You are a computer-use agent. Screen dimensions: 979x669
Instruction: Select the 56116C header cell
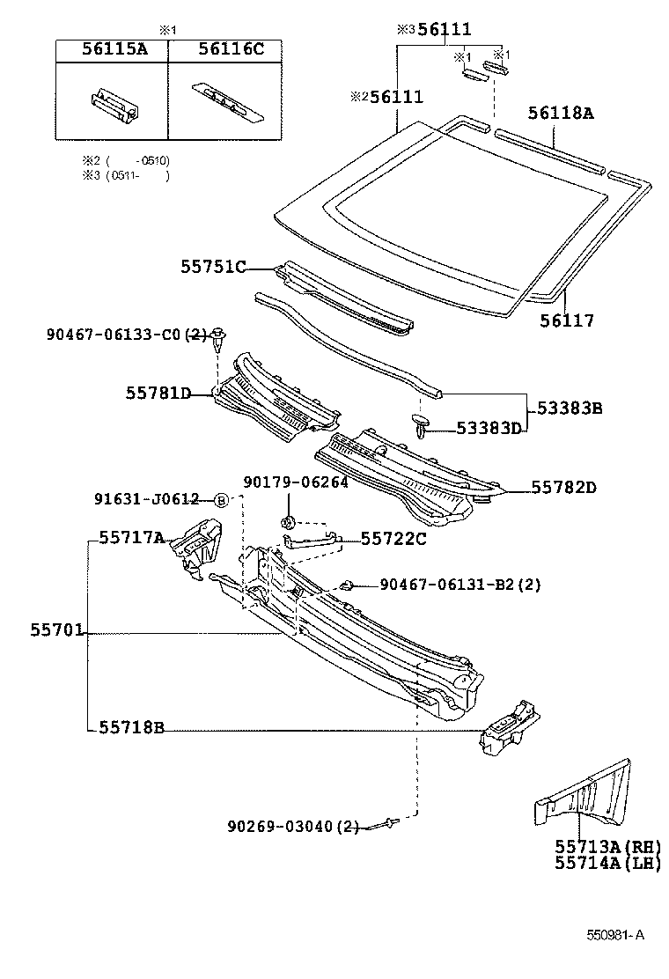click(226, 50)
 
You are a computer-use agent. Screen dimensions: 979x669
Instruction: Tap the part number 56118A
click(561, 113)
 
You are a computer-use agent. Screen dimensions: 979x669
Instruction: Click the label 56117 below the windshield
click(566, 321)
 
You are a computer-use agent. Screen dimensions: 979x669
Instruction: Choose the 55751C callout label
click(214, 267)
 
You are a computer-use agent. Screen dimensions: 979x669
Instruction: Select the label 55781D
click(158, 393)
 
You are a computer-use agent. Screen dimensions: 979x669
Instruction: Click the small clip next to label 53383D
click(422, 427)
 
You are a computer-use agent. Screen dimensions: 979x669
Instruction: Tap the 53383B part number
click(570, 409)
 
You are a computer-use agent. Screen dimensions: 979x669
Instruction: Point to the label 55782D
click(563, 487)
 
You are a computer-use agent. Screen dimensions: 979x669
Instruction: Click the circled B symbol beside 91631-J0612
click(221, 500)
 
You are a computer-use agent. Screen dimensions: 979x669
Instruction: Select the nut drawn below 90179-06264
click(287, 523)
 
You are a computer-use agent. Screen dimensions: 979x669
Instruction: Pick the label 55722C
click(393, 539)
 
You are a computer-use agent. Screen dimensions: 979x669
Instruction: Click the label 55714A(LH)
click(607, 864)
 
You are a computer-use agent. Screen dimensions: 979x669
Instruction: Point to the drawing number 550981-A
click(616, 935)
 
